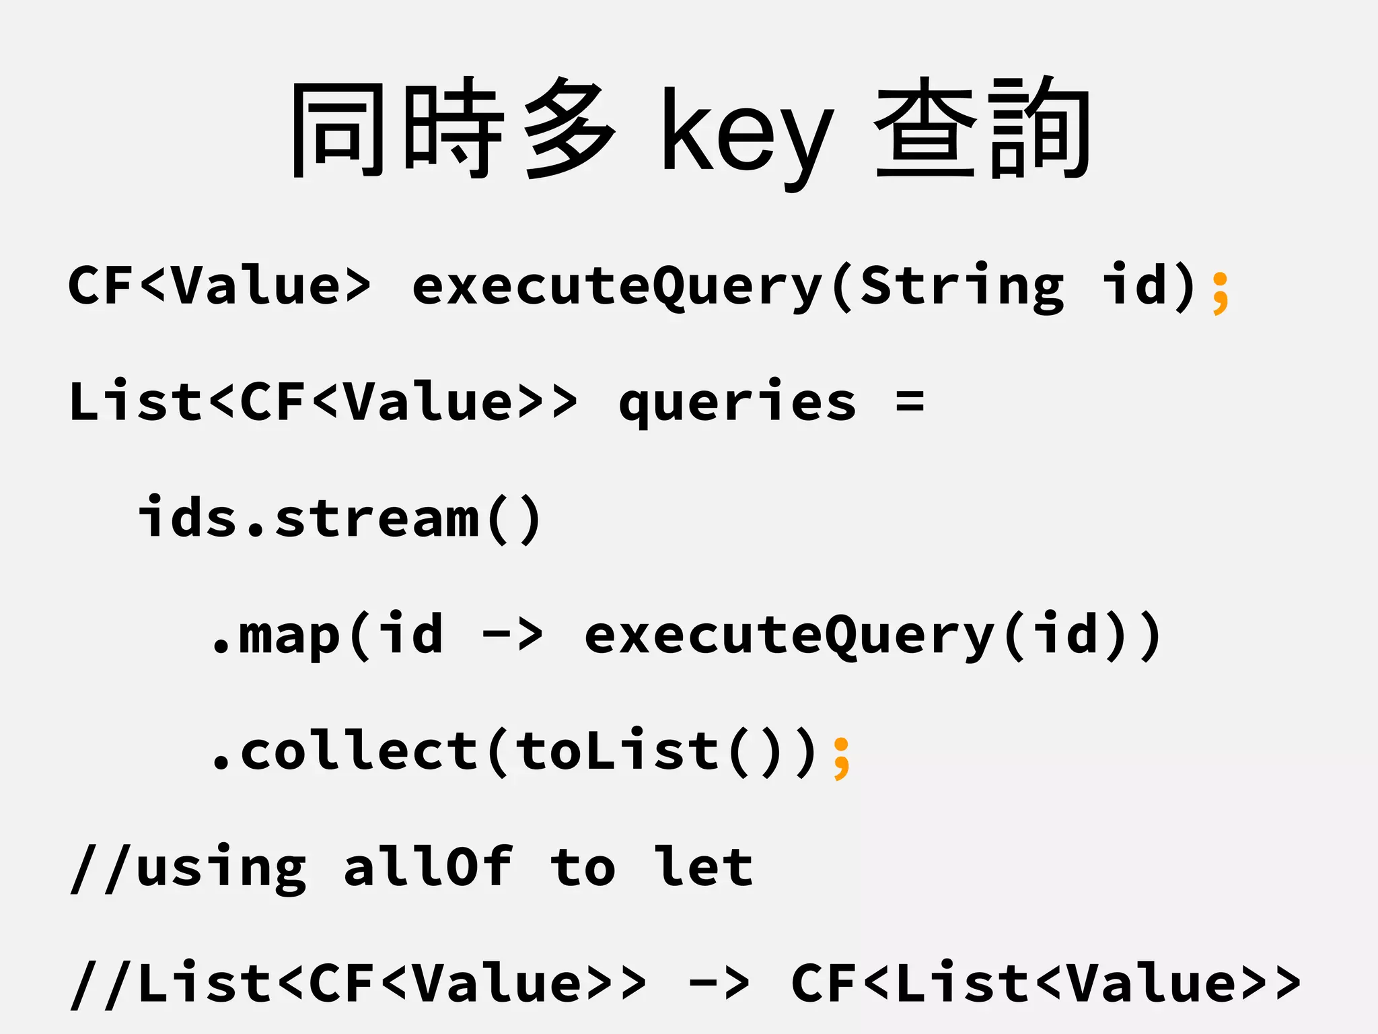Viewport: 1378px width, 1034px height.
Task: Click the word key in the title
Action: point(747,135)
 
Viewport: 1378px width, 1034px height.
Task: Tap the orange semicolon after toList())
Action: point(841,759)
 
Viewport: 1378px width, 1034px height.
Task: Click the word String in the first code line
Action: point(962,286)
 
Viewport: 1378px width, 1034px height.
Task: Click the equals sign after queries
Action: point(910,402)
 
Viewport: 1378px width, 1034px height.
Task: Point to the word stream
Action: point(377,518)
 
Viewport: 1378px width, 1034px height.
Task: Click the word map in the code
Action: point(289,636)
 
